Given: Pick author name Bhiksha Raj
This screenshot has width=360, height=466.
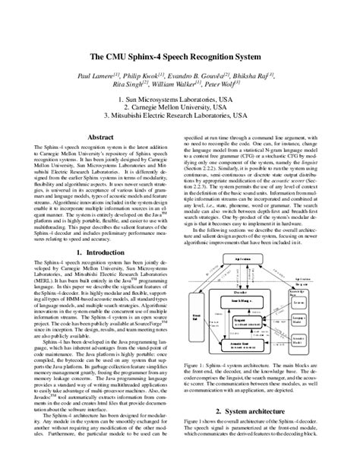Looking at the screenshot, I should pos(257,77).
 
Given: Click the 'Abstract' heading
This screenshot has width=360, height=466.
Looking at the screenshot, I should pos(102,137).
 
